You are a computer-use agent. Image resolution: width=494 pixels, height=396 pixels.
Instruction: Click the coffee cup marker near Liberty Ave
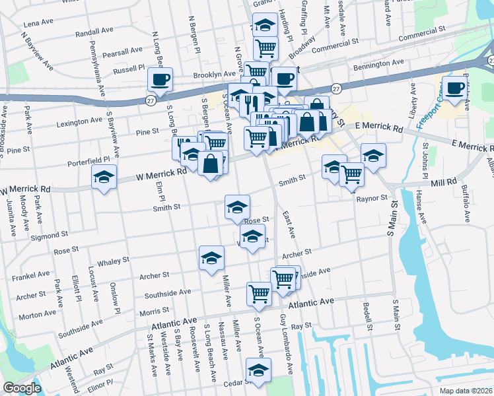click(453, 89)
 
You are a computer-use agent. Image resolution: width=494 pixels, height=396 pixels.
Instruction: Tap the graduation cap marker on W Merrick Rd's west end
click(104, 177)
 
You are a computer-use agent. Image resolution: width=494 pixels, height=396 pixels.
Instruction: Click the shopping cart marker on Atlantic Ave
click(259, 294)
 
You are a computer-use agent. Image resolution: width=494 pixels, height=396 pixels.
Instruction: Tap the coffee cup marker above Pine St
click(159, 80)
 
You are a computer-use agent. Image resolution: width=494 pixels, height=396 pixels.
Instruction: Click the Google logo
click(22, 388)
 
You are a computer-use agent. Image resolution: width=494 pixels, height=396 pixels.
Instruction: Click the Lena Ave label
click(38, 22)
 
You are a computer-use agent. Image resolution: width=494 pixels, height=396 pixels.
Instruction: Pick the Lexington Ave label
click(79, 121)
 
